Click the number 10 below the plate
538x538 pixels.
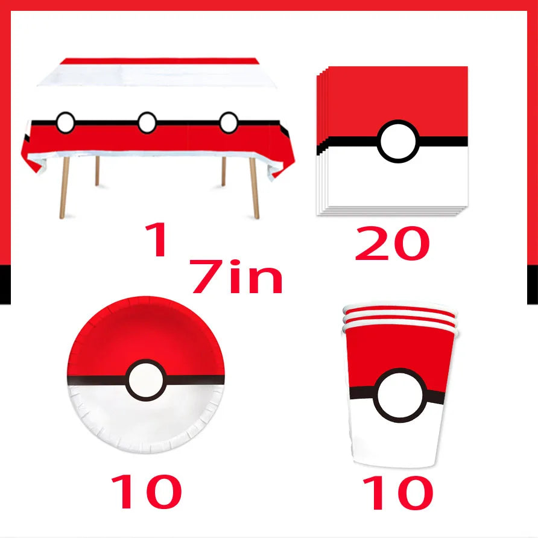[146, 492]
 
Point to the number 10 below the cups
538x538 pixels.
[398, 493]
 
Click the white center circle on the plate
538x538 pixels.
[145, 379]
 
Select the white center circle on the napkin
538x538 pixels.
[398, 142]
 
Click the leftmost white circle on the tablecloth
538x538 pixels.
[66, 123]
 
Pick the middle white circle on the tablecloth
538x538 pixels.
[147, 123]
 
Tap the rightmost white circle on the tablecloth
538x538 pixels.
[229, 122]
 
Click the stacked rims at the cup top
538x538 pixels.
[398, 314]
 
